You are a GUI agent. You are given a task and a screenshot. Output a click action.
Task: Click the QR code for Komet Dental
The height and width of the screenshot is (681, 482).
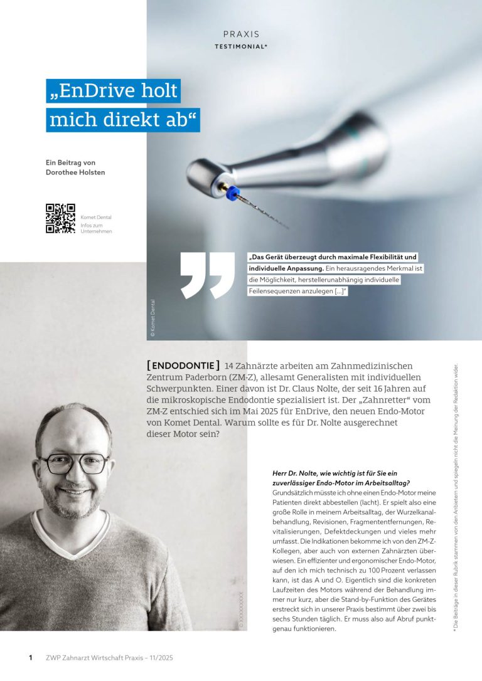click(60, 218)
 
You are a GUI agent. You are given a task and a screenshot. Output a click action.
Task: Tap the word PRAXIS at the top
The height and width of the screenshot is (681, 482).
click(241, 34)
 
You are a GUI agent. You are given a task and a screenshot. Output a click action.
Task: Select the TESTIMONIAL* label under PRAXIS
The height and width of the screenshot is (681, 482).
click(241, 46)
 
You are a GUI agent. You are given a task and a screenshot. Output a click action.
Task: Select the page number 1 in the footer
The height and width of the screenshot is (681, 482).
click(30, 658)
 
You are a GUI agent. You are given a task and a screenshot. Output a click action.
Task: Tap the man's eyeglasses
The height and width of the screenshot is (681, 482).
click(73, 464)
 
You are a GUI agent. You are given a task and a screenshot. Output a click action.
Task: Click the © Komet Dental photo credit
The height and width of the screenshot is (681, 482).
click(153, 316)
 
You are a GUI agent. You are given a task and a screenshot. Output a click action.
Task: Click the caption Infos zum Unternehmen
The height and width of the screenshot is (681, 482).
click(96, 228)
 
